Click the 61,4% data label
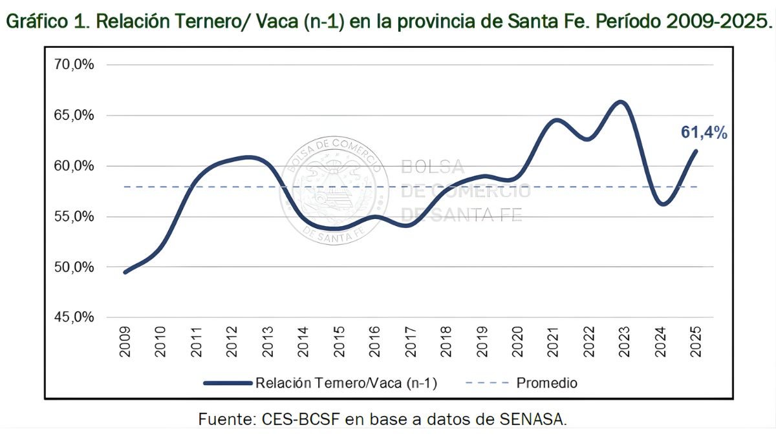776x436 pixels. tap(704, 133)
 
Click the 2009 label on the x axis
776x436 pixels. tap(125, 342)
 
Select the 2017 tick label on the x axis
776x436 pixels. tap(411, 342)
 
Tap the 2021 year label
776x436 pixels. tap(554, 342)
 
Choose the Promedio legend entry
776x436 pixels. tap(546, 382)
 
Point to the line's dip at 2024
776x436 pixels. tap(662, 204)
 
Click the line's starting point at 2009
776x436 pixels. tap(125, 272)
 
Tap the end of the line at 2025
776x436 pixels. tap(696, 151)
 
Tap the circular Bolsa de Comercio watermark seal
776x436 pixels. tap(334, 191)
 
